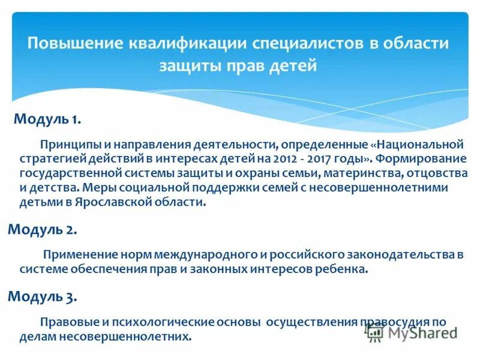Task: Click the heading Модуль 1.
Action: [x=47, y=119]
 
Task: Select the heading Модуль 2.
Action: [x=41, y=229]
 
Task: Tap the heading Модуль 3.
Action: [x=41, y=296]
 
